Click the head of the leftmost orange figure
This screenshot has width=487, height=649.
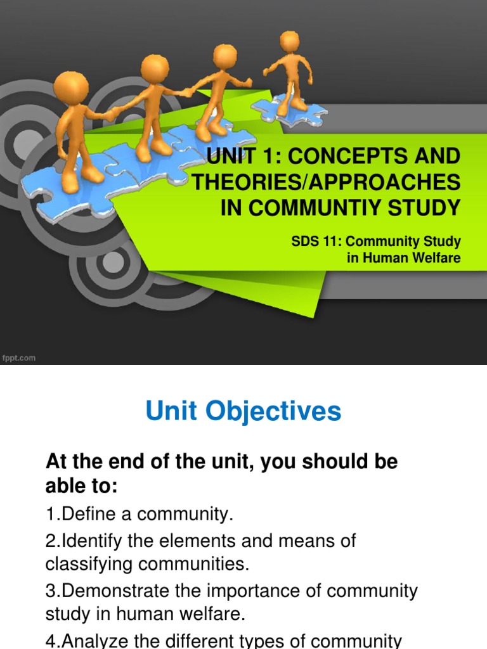(x=71, y=87)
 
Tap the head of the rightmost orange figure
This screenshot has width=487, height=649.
(x=290, y=42)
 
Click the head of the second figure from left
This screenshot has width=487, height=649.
(x=155, y=68)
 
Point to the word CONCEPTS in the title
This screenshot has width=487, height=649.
(x=346, y=156)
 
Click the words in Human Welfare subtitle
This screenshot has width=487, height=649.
(x=404, y=258)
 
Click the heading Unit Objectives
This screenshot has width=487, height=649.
(x=243, y=412)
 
